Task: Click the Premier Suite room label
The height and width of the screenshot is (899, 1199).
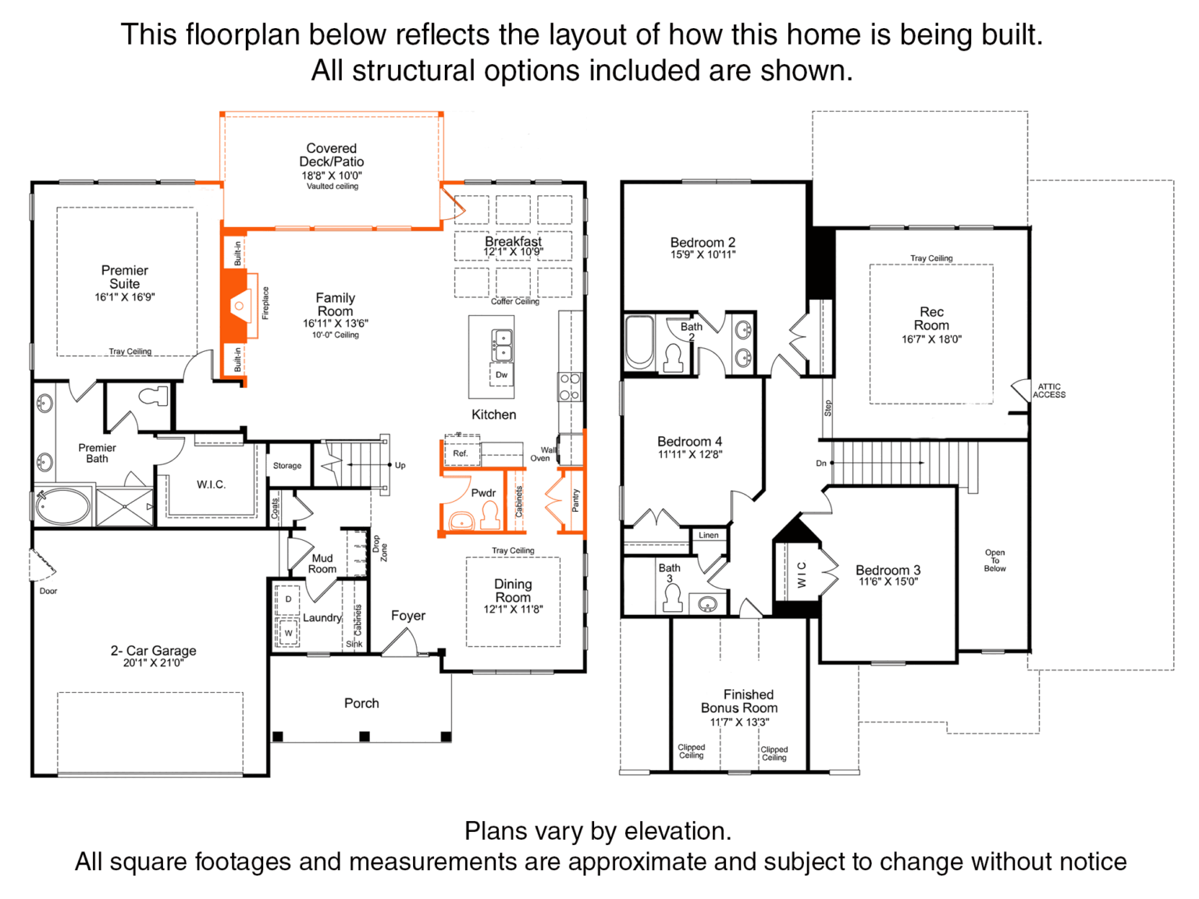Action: point(125,277)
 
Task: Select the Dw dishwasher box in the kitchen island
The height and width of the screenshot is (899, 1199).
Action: point(501,375)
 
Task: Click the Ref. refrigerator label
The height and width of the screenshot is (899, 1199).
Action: point(460,453)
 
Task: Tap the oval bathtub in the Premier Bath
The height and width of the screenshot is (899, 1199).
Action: point(62,506)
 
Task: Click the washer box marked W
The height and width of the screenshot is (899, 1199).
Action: point(288,633)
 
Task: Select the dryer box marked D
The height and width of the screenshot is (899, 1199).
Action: point(288,599)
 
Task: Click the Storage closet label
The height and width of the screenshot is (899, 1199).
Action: point(287,466)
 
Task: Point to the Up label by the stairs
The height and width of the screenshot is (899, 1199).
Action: point(400,465)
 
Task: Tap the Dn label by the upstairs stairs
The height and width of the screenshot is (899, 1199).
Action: point(821,463)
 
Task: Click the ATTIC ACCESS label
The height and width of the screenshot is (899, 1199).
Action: point(1049,390)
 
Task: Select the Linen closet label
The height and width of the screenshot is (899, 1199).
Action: point(709,535)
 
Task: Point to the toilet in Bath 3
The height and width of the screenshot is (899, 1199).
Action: point(672,599)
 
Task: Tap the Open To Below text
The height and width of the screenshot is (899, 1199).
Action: point(994,560)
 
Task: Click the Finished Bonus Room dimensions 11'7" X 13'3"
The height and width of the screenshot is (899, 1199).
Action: point(739,722)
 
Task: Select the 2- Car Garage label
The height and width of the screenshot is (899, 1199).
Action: point(154,650)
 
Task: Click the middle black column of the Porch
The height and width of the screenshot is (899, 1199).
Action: point(365,737)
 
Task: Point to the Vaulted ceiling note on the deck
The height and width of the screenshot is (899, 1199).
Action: point(332,187)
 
